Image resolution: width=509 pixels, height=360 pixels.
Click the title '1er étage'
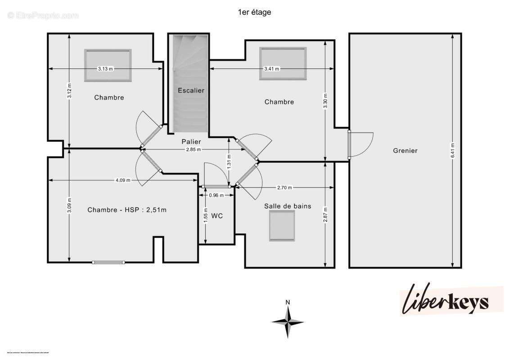(x=254, y=13)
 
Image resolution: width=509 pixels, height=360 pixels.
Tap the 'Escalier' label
(x=191, y=90)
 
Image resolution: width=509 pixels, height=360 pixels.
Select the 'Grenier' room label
(x=405, y=151)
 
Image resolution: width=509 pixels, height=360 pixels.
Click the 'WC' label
(x=217, y=216)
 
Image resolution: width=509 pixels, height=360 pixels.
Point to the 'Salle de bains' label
(x=288, y=207)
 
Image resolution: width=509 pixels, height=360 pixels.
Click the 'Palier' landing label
(x=191, y=142)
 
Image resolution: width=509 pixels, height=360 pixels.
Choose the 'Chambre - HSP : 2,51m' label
(x=127, y=210)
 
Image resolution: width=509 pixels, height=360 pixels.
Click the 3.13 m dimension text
(x=106, y=69)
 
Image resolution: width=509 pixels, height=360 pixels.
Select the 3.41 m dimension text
(x=271, y=69)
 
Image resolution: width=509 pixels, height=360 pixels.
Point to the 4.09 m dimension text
(x=123, y=180)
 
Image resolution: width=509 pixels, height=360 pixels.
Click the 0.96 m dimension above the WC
(x=216, y=195)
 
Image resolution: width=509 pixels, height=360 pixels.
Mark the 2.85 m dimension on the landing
(x=194, y=149)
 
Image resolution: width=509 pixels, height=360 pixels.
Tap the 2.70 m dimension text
(x=284, y=188)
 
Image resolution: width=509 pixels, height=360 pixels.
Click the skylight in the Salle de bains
(x=282, y=225)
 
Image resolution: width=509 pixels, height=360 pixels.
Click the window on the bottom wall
(x=108, y=262)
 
